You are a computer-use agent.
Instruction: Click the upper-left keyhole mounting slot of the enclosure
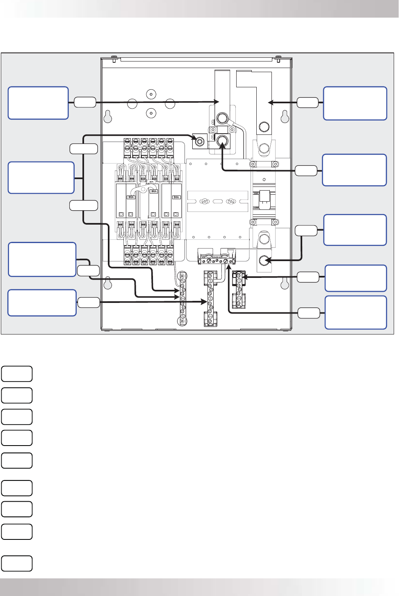107,117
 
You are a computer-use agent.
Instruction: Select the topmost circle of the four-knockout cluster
151,94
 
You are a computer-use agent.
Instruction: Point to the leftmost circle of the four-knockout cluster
132,103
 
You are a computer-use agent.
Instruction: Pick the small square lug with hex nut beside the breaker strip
200,141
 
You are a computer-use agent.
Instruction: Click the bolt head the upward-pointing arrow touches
222,141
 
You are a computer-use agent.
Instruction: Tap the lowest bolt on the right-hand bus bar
264,260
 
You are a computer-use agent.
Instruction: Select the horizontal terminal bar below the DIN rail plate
217,260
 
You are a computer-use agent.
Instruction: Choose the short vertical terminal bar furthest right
238,289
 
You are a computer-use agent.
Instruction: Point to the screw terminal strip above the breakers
148,148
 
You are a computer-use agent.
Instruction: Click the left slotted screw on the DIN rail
204,201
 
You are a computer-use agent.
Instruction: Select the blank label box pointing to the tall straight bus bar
38,103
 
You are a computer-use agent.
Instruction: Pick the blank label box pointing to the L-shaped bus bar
355,103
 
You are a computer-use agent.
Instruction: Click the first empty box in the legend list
17,374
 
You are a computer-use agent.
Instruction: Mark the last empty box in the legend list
17,563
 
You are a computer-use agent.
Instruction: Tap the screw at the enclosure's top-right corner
278,57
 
